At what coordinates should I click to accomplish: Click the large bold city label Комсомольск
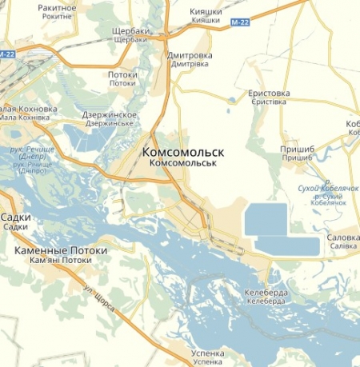tap(182, 151)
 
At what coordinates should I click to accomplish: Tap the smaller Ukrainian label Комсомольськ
tap(184, 163)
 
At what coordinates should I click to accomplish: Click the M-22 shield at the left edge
tap(7, 54)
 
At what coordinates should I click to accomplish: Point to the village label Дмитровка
tap(190, 56)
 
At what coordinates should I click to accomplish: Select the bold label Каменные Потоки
tap(61, 250)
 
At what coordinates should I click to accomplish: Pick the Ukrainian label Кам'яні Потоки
tap(61, 261)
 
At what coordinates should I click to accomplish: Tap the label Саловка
tap(343, 237)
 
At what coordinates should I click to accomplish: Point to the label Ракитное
tap(57, 7)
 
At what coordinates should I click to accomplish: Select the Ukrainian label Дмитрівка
tap(190, 66)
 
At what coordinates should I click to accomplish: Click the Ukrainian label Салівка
tap(343, 247)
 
